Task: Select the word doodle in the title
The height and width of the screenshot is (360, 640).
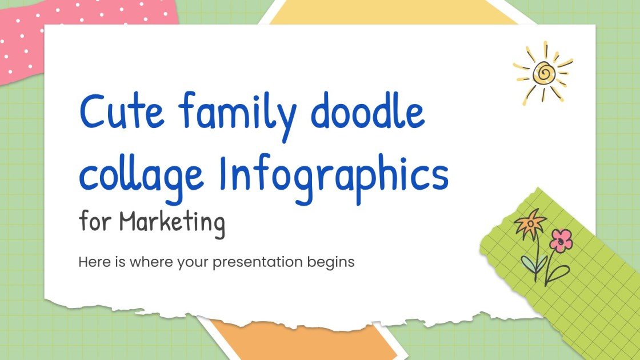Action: tap(369, 111)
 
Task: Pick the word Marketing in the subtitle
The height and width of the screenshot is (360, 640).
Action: tap(173, 222)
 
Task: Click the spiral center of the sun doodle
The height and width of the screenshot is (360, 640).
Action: tap(543, 73)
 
